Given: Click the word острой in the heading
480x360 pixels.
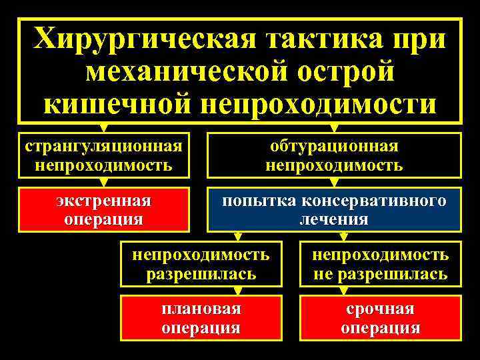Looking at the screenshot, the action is pyautogui.click(x=347, y=72).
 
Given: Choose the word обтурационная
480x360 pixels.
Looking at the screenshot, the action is pyautogui.click(x=334, y=146).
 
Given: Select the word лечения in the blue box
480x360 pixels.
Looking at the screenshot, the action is pyautogui.click(x=334, y=219).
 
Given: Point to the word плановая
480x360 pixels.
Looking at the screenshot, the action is pyautogui.click(x=201, y=309).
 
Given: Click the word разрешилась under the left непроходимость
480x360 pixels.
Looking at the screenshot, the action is pyautogui.click(x=201, y=273).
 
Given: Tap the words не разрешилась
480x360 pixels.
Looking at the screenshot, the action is pyautogui.click(x=381, y=273).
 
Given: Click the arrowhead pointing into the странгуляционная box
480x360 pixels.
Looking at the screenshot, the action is pyautogui.click(x=103, y=127).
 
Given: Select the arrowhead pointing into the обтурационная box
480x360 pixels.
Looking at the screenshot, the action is pyautogui.click(x=334, y=127).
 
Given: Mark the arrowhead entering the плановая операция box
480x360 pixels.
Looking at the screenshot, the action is pyautogui.click(x=237, y=291).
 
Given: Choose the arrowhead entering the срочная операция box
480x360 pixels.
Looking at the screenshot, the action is pyautogui.click(x=343, y=291).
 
